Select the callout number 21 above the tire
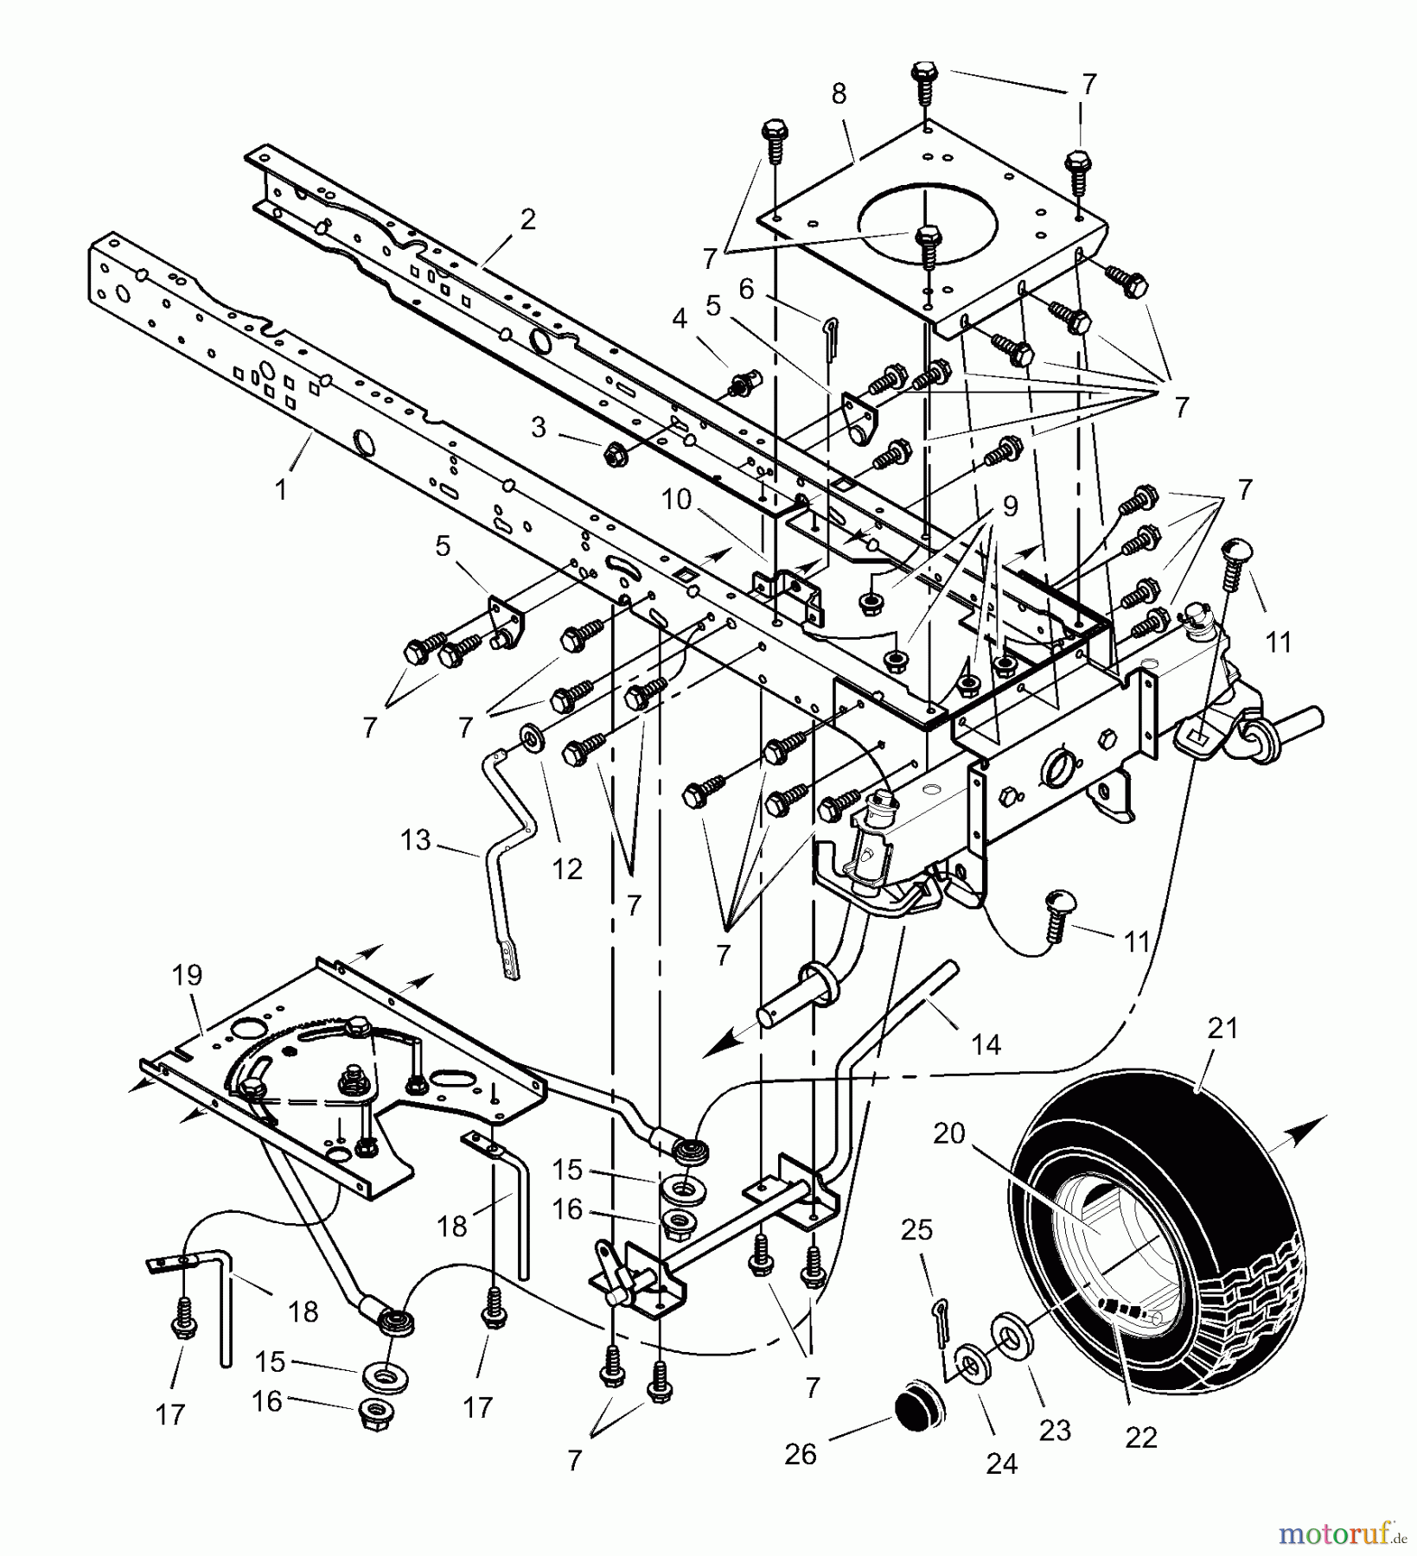pyautogui.click(x=1222, y=1029)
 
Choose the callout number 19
pyautogui.click(x=187, y=975)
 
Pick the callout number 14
pyautogui.click(x=986, y=1045)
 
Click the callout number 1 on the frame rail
pyautogui.click(x=280, y=489)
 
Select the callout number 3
pyautogui.click(x=539, y=427)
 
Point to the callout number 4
pyautogui.click(x=680, y=319)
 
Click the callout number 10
pyautogui.click(x=677, y=499)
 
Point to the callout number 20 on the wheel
pyautogui.click(x=948, y=1132)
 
